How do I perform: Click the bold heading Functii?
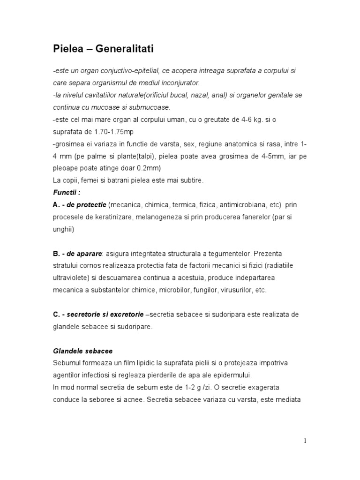[66, 193]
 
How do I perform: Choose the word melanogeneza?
[149, 217]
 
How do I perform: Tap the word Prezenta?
[276, 254]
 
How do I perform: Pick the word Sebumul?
[67, 363]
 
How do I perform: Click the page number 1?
[305, 440]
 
